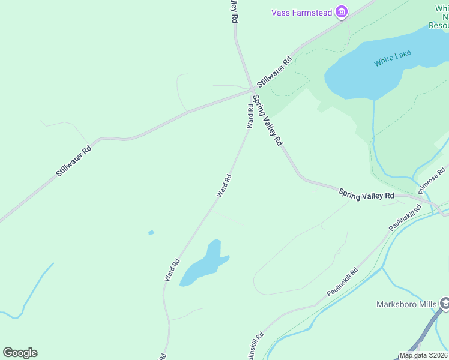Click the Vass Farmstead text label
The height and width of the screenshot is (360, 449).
301,13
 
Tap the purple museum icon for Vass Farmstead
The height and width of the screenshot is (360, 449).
342,13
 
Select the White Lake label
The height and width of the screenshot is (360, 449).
392,58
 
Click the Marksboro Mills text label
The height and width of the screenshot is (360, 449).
406,304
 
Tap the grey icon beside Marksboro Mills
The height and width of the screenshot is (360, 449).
445,304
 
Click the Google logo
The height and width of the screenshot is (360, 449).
20,352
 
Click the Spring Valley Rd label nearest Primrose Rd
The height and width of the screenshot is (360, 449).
366,195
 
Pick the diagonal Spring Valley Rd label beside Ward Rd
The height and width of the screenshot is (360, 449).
267,120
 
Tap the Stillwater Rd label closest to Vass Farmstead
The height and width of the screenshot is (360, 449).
274,71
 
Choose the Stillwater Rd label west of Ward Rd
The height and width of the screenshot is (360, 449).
73,161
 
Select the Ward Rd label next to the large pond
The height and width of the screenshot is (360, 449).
172,269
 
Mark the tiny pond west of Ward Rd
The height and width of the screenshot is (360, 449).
151,232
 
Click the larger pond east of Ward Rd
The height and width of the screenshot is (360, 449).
205,265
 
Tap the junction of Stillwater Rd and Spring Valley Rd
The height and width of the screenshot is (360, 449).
252,91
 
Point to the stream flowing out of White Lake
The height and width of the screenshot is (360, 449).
373,132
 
